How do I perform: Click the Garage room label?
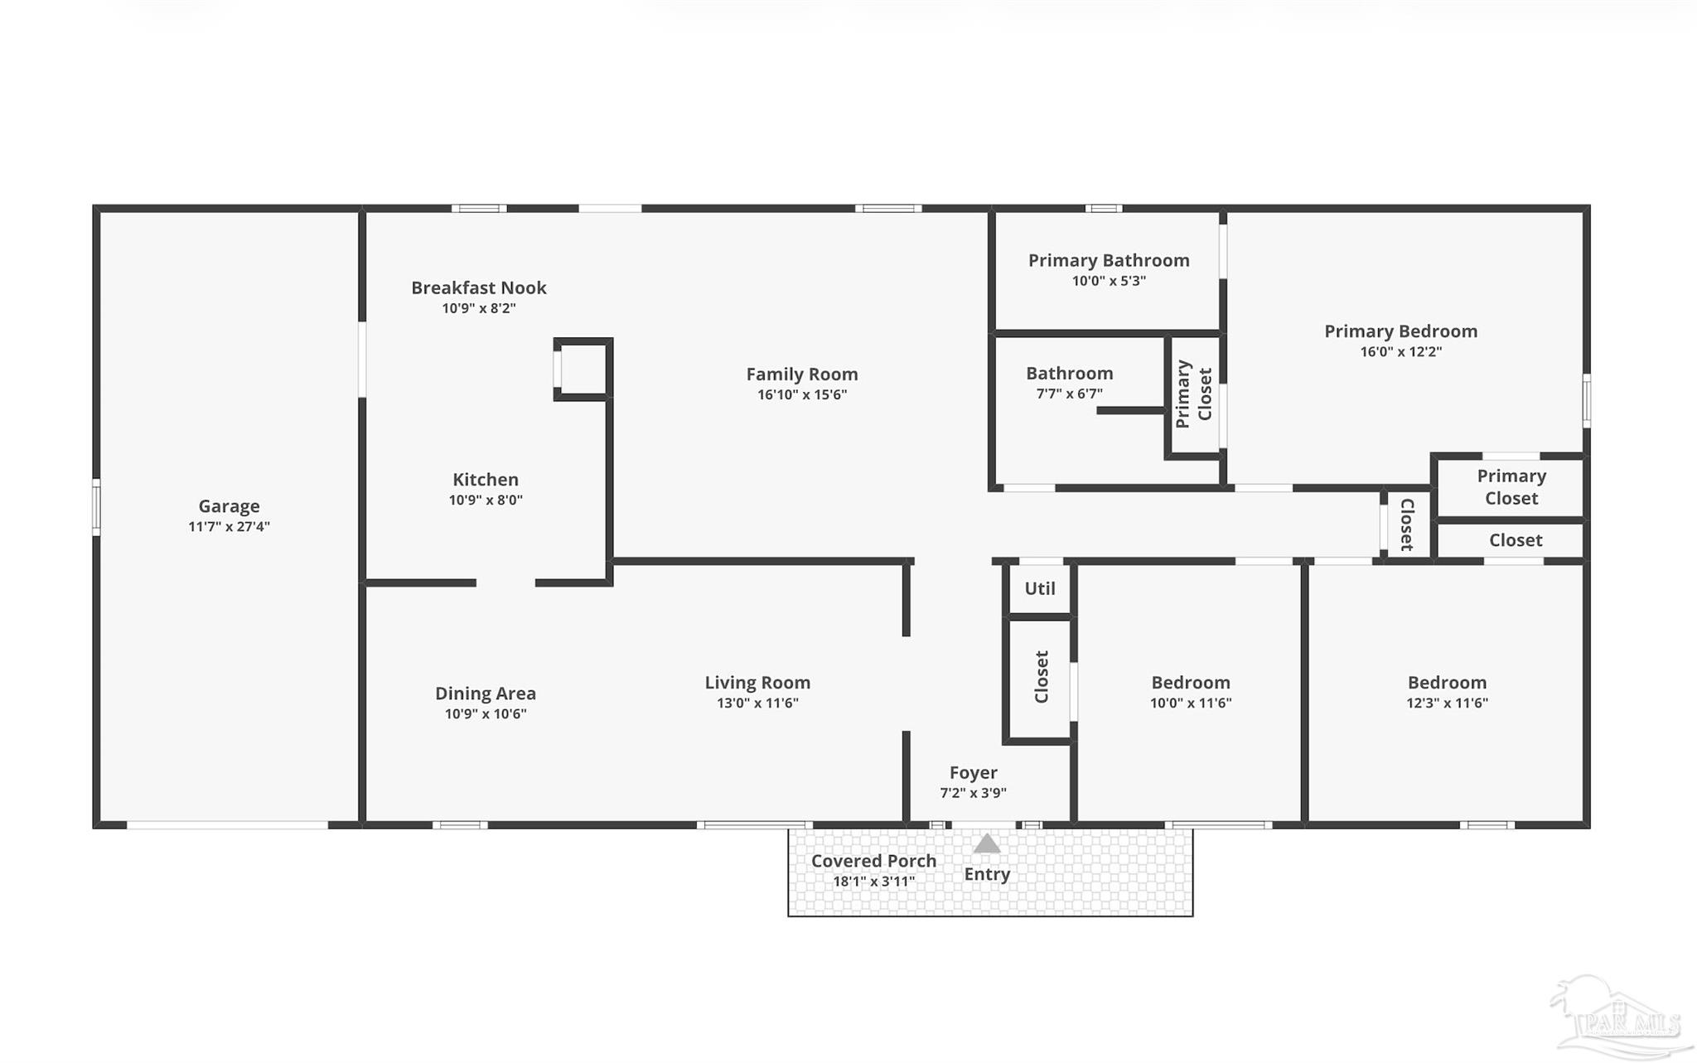(x=229, y=506)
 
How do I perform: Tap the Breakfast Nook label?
(x=479, y=287)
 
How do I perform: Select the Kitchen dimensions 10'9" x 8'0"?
(x=486, y=500)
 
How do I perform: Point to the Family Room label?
(x=802, y=374)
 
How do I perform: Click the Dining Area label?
(x=486, y=693)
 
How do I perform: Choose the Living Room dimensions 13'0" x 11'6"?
(x=757, y=703)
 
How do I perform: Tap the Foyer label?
(x=974, y=773)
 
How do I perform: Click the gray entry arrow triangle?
(x=986, y=843)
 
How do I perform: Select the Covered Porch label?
(x=873, y=861)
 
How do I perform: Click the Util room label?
(x=1040, y=588)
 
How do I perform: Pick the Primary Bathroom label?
(x=1109, y=260)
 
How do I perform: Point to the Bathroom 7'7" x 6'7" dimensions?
(x=1070, y=394)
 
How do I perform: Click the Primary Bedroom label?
(x=1401, y=331)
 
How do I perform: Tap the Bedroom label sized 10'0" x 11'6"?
(x=1191, y=683)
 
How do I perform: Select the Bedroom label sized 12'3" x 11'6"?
(x=1447, y=683)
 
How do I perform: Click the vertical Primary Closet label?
(x=1194, y=394)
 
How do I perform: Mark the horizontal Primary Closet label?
(x=1511, y=487)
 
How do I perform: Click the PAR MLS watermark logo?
(x=1620, y=1017)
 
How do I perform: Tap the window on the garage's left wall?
(x=96, y=507)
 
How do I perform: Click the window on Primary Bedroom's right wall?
(x=1586, y=401)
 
